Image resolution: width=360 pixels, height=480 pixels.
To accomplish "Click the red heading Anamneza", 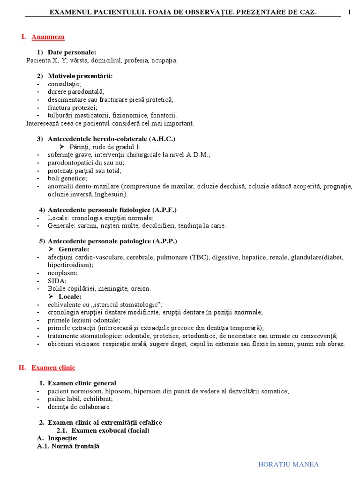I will [48, 37].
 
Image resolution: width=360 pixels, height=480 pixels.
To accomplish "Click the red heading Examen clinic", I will [53, 368].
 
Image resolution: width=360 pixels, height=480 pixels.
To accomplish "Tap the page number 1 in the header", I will [349, 12].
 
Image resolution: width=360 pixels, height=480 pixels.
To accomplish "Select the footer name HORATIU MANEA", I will [288, 465].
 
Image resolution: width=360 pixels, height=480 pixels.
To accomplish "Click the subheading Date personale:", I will [72, 52].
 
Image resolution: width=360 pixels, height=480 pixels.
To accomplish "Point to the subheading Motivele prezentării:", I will [80, 76].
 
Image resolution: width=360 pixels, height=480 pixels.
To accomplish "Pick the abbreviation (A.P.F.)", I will [163, 210].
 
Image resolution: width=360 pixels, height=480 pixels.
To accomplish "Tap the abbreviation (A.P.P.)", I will [163, 241].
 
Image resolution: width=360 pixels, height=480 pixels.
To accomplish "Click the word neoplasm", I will [62, 272].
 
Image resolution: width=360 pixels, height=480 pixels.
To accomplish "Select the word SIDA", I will [57, 280].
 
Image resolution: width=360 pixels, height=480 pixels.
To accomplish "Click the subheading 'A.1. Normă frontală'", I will [68, 446].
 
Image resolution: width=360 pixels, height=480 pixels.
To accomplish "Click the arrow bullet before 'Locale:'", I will [52, 296].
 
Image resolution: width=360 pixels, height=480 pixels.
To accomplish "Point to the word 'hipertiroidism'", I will [70, 265].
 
